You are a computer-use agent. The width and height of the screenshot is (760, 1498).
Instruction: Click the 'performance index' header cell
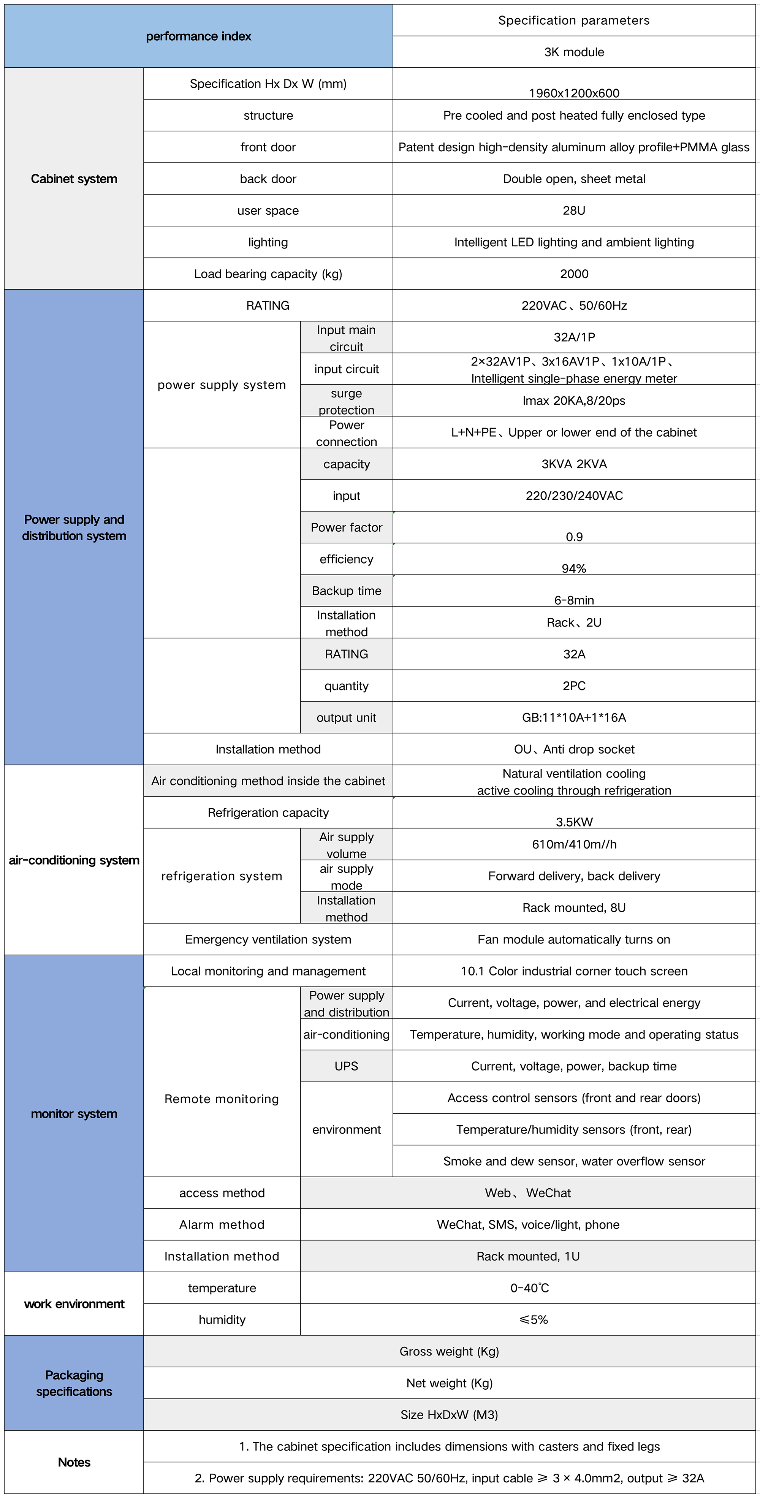(x=198, y=36)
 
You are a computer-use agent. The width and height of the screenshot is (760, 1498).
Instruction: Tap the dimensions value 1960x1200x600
(x=573, y=92)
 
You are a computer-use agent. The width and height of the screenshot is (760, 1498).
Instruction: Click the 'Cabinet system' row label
(x=74, y=179)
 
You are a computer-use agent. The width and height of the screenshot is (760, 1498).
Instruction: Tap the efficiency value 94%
(x=573, y=568)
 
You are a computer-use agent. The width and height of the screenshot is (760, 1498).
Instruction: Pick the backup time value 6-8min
(x=573, y=600)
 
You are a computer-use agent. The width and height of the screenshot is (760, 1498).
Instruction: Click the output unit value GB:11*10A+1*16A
(x=573, y=717)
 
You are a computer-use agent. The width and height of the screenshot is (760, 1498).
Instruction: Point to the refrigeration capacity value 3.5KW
(x=573, y=821)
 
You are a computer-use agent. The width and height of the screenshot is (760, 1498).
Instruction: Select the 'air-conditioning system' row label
(x=74, y=860)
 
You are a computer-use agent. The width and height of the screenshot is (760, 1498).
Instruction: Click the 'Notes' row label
(x=74, y=1462)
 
